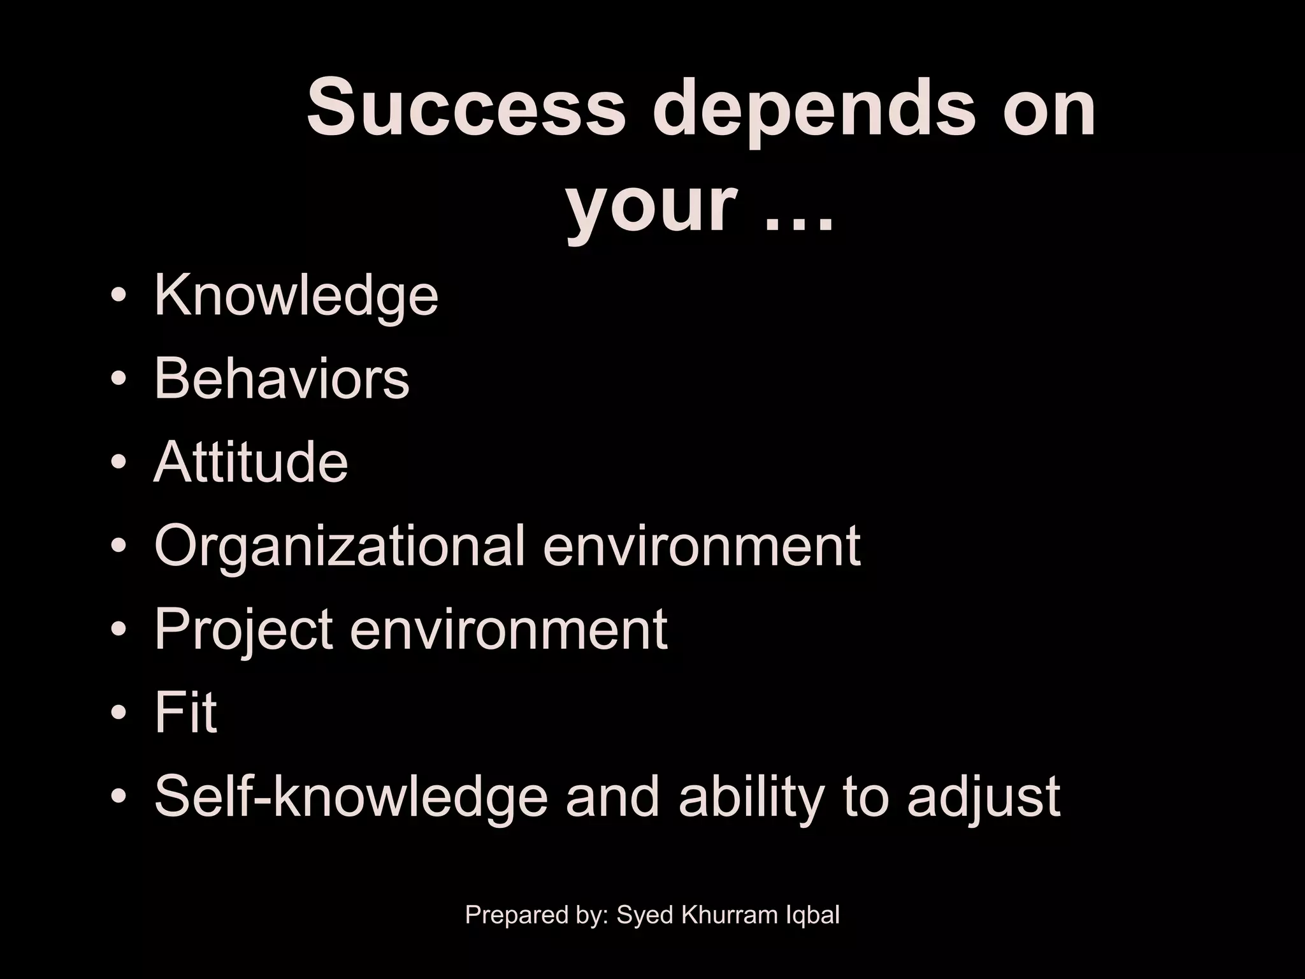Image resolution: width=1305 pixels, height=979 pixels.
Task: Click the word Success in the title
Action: coord(466,108)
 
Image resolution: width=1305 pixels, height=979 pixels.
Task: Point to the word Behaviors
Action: coord(282,379)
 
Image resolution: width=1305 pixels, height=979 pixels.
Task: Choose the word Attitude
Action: coord(251,462)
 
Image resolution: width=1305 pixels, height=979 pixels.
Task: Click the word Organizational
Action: coord(340,547)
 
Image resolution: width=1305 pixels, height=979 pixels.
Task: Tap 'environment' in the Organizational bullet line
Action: coord(702,547)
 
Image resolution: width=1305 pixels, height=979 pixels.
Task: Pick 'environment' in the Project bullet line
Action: coord(509,630)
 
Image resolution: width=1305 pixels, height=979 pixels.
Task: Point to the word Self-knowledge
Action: coord(351,797)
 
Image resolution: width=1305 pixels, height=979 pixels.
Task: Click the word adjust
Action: coord(984,798)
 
